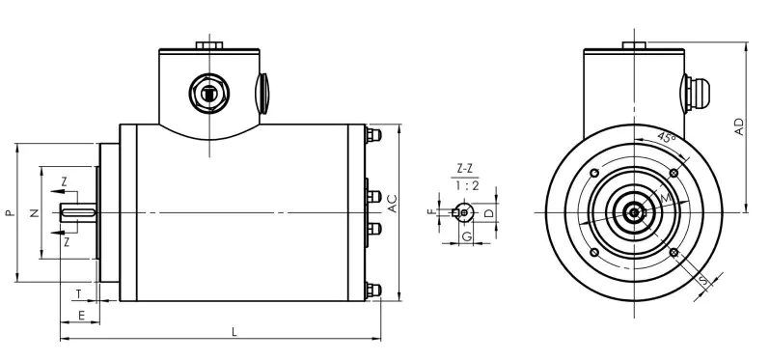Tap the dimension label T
pyautogui.click(x=78, y=293)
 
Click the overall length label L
pyautogui.click(x=234, y=332)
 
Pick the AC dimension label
pyautogui.click(x=392, y=204)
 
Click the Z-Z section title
pyautogui.click(x=463, y=168)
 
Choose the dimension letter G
pyautogui.click(x=465, y=235)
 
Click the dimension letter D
pyautogui.click(x=489, y=211)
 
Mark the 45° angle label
pyautogui.click(x=665, y=138)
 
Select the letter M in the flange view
pyautogui.click(x=665, y=198)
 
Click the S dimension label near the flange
pyautogui.click(x=701, y=282)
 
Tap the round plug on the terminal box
pyautogui.click(x=208, y=95)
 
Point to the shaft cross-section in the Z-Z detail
pyautogui.click(x=464, y=211)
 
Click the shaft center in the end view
pyautogui.click(x=633, y=212)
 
